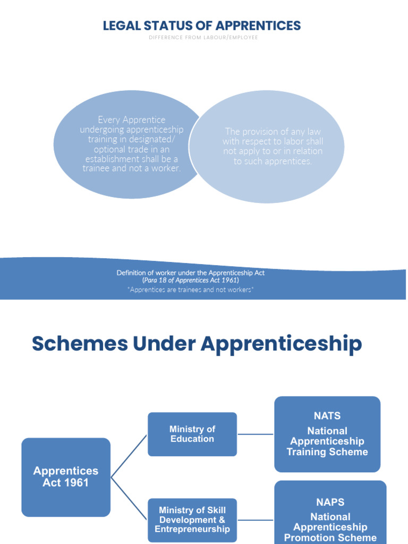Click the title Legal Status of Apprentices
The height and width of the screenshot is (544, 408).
[201, 25]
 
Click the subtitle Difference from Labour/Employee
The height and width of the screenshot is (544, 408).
[203, 38]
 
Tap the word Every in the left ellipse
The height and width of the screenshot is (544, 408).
[109, 120]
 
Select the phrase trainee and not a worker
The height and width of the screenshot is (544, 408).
[132, 168]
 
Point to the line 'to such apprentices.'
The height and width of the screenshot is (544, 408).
[273, 161]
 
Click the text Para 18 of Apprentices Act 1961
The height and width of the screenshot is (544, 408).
[191, 280]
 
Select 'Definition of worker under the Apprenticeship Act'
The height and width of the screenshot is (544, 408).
[191, 273]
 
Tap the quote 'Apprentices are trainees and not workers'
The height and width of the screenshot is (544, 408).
[191, 290]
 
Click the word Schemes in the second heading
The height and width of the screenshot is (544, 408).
[80, 344]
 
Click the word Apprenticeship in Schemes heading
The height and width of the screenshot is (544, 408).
[281, 344]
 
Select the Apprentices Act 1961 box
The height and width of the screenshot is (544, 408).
[66, 477]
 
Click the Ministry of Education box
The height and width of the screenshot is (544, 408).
[192, 434]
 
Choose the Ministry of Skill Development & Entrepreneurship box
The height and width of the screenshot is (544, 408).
[192, 520]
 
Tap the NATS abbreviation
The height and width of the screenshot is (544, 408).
[327, 416]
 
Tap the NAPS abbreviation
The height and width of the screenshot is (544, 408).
[330, 502]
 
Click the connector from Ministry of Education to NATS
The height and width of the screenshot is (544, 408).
[256, 434]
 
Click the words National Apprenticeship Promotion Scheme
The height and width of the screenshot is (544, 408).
[330, 527]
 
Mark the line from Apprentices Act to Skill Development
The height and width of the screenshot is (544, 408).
[129, 498]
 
